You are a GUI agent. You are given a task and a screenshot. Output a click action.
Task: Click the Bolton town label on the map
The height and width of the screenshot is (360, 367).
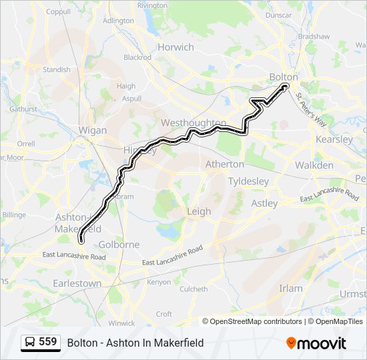pyautogui.click(x=284, y=77)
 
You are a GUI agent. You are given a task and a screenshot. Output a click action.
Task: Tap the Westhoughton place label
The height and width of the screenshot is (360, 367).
pyautogui.click(x=193, y=123)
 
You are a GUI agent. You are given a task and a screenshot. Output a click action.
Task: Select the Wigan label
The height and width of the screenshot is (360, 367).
pyautogui.click(x=92, y=131)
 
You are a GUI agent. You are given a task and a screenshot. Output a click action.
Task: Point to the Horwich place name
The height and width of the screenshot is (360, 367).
pyautogui.click(x=175, y=47)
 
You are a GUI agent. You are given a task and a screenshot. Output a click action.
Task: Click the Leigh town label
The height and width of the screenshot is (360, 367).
pyautogui.click(x=199, y=211)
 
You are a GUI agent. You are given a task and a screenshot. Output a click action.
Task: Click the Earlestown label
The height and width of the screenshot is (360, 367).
pyautogui.click(x=77, y=283)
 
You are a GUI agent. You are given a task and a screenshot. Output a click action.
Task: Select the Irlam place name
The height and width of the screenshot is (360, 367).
pyautogui.click(x=290, y=288)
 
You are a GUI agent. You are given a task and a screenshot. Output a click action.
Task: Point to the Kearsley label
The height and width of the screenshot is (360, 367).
pyautogui.click(x=334, y=140)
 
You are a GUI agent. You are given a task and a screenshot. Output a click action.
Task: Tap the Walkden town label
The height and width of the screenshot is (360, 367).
pyautogui.click(x=314, y=165)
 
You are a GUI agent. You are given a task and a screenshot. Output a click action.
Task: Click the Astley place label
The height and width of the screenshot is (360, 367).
pyautogui.click(x=264, y=203)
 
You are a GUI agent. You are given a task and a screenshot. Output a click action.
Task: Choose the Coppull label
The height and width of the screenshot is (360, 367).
pyautogui.click(x=58, y=11)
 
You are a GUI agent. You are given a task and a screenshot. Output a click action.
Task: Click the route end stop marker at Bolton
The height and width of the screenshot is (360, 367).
pyautogui.click(x=286, y=87)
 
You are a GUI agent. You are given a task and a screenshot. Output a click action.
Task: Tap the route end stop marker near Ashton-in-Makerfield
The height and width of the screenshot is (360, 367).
pyautogui.click(x=80, y=240)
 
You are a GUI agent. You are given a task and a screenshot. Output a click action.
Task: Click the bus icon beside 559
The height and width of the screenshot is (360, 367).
pyautogui.click(x=30, y=343)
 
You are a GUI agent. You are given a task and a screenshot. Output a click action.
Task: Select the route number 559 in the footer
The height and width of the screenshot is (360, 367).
pyautogui.click(x=47, y=342)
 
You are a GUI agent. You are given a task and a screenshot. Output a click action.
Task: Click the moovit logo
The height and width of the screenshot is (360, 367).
pyautogui.click(x=316, y=343)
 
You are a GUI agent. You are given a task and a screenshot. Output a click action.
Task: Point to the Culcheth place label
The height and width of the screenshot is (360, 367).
pyautogui.click(x=194, y=289)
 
